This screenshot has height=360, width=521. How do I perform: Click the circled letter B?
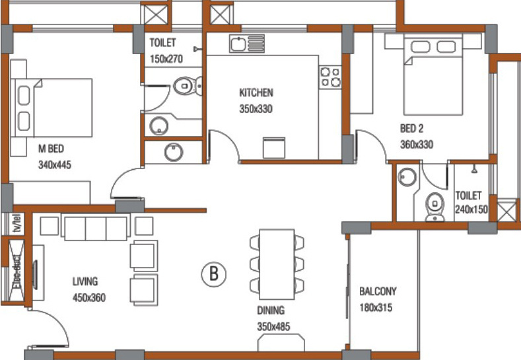[x=214, y=274]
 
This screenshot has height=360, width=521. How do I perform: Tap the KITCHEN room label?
[x=256, y=92]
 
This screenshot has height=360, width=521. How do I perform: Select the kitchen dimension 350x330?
[x=256, y=109]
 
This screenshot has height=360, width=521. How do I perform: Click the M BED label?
[x=51, y=149]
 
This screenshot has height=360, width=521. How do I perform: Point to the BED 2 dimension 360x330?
[x=417, y=145]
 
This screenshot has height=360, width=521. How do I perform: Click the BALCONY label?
[x=378, y=291]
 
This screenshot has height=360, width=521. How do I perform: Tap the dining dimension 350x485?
[x=273, y=326]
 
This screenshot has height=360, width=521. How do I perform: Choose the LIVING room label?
[x=85, y=281]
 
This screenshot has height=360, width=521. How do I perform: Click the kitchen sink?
[x=246, y=44]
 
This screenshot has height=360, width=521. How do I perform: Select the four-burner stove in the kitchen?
[x=330, y=77]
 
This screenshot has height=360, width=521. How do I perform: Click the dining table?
[x=277, y=264]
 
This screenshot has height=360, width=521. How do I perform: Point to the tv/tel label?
[x=17, y=223]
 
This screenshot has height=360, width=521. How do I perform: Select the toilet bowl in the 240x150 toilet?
[x=435, y=207]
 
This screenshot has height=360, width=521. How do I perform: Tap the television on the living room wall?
[x=35, y=275]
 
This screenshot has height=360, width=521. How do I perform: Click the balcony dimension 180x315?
[x=376, y=307]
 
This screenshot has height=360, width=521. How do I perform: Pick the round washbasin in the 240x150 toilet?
[x=407, y=176]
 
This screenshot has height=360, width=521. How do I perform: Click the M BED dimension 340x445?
[x=55, y=165]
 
